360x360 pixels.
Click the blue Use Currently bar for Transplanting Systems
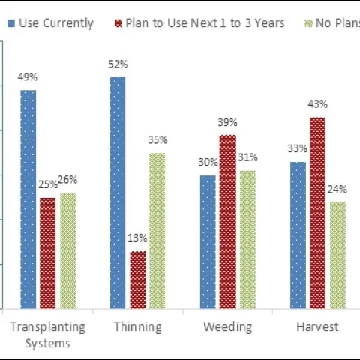pyautogui.click(x=28, y=199)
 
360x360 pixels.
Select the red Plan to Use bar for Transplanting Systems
pyautogui.click(x=48, y=253)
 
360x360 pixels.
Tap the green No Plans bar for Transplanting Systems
pyautogui.click(x=67, y=250)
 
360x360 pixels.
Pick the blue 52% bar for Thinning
pyautogui.click(x=118, y=192)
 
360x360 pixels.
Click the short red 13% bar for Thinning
pyautogui.click(x=138, y=280)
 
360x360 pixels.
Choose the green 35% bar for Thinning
pyautogui.click(x=157, y=230)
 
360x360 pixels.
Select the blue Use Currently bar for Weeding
pyautogui.click(x=208, y=241)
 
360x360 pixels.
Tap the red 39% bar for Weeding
pyautogui.click(x=227, y=221)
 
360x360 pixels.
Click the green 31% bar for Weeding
pyautogui.click(x=247, y=239)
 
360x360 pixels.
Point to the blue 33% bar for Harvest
pyautogui.click(x=298, y=235)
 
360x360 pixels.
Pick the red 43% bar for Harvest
pyautogui.click(x=317, y=212)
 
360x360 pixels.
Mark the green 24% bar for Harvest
pyautogui.click(x=337, y=255)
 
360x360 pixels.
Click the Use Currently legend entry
pyautogui.click(x=51, y=22)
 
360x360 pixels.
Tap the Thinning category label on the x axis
pyautogui.click(x=138, y=327)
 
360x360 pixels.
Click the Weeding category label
pyautogui.click(x=227, y=327)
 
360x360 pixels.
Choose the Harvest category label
pyautogui.click(x=316, y=327)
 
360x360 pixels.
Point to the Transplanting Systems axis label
pyautogui.click(x=47, y=334)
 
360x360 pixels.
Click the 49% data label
pyautogui.click(x=28, y=77)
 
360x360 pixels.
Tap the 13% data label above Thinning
pyautogui.click(x=138, y=238)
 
